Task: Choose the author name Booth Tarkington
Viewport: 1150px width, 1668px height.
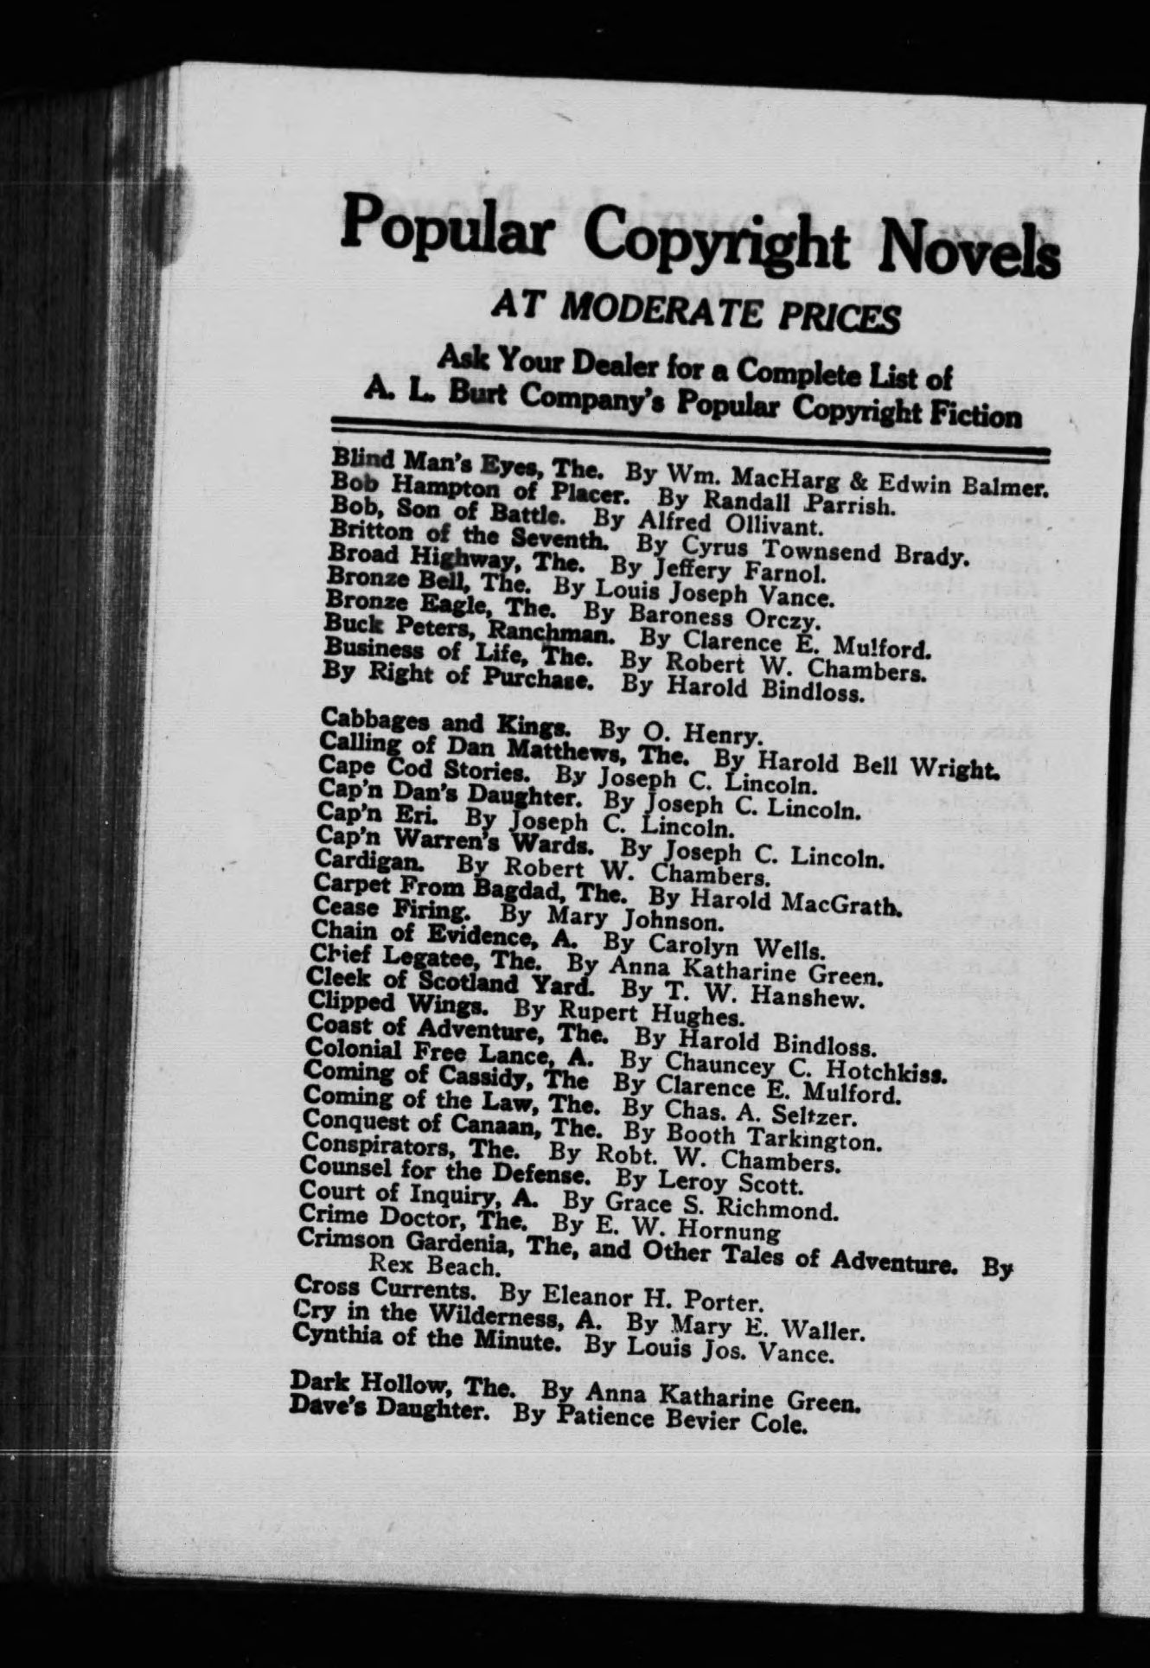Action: tap(778, 1140)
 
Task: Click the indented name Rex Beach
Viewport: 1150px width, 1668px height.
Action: tap(434, 1267)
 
